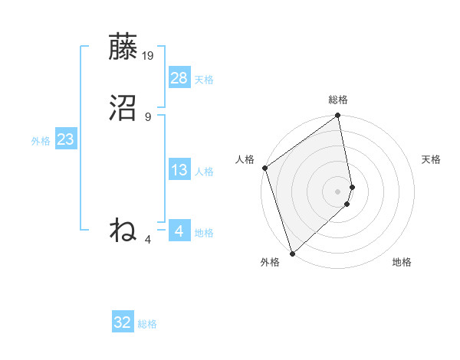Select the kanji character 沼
(x=123, y=109)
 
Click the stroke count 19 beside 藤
(x=148, y=56)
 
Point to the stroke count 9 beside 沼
(x=148, y=116)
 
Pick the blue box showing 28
(x=179, y=77)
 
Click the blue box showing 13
(x=179, y=170)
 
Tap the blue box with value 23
(x=66, y=139)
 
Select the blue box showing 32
(x=123, y=322)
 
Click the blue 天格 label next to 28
(x=204, y=80)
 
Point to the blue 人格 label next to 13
(x=204, y=172)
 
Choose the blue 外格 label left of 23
(x=41, y=141)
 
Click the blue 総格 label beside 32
(x=147, y=324)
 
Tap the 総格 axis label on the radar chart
(x=338, y=100)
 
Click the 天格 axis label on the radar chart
(x=431, y=159)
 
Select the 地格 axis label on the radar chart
(x=402, y=262)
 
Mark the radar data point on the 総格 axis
(x=338, y=116)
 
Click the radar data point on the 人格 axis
(x=264, y=168)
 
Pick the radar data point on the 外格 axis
(x=292, y=253)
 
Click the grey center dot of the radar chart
(x=338, y=191)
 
